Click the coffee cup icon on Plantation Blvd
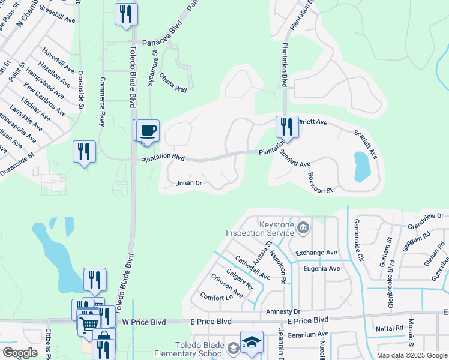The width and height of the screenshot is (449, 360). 148,130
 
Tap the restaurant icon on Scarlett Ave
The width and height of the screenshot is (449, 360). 287,127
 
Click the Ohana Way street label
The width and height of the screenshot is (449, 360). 173,82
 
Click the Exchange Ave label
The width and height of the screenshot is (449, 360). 316,253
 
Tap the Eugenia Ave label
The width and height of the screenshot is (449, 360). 321,268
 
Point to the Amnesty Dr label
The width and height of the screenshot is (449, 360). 282,312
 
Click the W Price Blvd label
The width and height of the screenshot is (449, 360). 143,322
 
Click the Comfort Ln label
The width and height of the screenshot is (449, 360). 216,297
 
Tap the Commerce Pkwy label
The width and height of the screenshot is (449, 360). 103,101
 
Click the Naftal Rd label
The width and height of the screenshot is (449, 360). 390,328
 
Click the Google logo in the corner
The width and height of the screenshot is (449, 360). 19,353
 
